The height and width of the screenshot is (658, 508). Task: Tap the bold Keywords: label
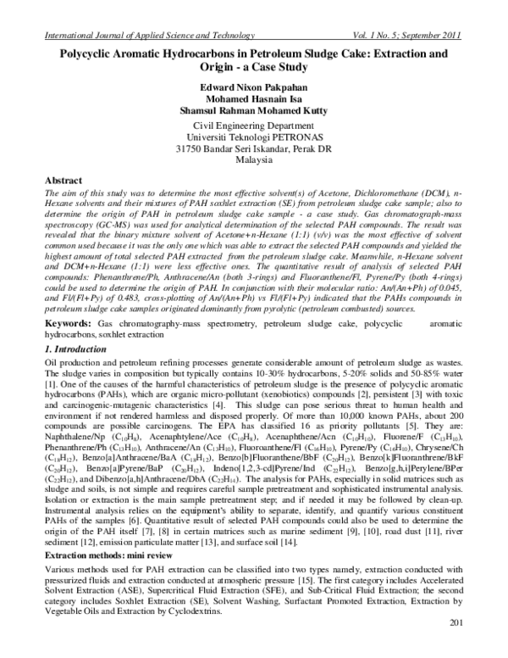pyautogui.click(x=68, y=325)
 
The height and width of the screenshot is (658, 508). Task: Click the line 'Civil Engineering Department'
pyautogui.click(x=253, y=126)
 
